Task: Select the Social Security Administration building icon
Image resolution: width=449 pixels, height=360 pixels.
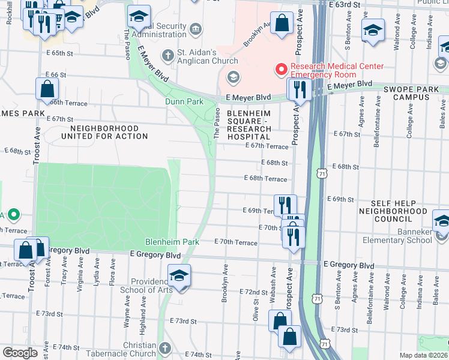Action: pyautogui.click(x=196, y=29)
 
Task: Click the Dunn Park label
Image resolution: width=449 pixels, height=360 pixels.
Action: pyautogui.click(x=184, y=102)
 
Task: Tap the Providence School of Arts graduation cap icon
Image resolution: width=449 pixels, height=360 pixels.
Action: pyautogui.click(x=179, y=276)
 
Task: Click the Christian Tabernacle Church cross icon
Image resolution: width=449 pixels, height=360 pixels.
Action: pyautogui.click(x=166, y=348)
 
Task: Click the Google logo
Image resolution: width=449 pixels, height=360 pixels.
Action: pyautogui.click(x=20, y=353)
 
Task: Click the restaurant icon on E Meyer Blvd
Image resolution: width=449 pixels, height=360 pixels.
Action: pyautogui.click(x=298, y=90)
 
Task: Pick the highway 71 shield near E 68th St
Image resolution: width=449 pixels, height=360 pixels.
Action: pyautogui.click(x=324, y=173)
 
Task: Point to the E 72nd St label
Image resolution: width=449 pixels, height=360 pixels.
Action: pyautogui.click(x=253, y=292)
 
